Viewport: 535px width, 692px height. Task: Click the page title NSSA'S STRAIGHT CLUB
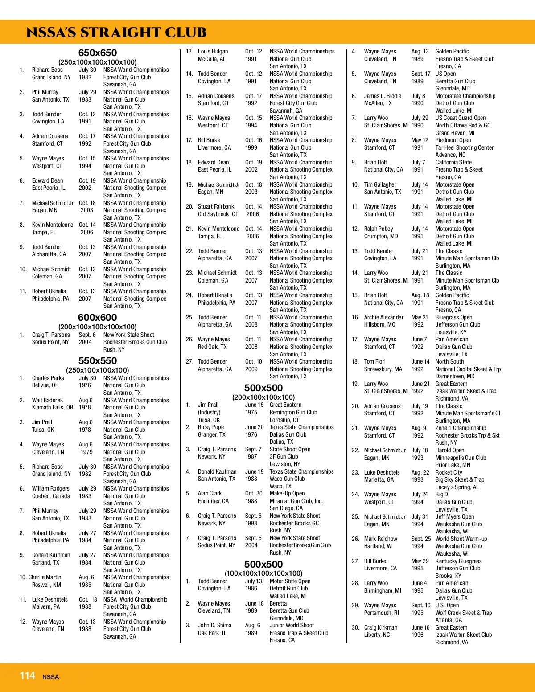(x=116, y=33)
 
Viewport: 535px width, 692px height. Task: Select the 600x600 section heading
(x=97, y=318)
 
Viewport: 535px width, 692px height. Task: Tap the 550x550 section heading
(x=97, y=361)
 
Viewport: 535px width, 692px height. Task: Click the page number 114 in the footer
(x=27, y=676)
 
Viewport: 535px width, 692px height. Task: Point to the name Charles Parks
(x=48, y=378)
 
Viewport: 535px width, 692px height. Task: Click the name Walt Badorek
(x=47, y=401)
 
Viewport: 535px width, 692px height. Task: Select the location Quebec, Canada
(x=51, y=496)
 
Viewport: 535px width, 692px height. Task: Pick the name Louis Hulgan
(x=213, y=52)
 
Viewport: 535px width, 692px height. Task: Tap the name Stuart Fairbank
(x=216, y=207)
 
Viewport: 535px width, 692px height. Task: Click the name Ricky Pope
(x=211, y=427)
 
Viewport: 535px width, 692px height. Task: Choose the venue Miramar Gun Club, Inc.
(x=296, y=501)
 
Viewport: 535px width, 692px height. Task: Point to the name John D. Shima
(x=214, y=626)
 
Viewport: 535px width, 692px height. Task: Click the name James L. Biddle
(x=383, y=96)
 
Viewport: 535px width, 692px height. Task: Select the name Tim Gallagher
(x=380, y=185)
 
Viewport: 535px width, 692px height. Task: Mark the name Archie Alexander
(x=383, y=318)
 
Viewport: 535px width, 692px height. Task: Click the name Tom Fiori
(x=374, y=362)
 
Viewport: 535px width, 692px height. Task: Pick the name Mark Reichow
(x=380, y=539)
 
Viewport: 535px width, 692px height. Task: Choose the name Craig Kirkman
(x=381, y=628)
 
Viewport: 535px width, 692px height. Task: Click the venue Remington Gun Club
(x=293, y=413)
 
